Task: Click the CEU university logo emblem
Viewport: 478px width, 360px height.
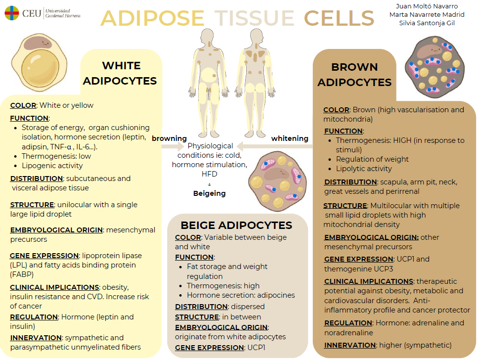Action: tap(12, 13)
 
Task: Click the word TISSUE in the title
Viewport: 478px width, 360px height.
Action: tap(254, 18)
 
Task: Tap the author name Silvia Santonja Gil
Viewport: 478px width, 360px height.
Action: tap(427, 23)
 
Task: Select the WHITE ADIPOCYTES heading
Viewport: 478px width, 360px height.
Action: tap(120, 73)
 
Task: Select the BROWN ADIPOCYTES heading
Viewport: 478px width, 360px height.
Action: tap(354, 75)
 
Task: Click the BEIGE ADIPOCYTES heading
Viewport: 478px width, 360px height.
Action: tap(236, 225)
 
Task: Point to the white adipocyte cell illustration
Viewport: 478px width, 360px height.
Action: tap(39, 62)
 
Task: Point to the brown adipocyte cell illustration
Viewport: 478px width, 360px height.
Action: tap(435, 67)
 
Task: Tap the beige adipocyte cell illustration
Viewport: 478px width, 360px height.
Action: tap(277, 181)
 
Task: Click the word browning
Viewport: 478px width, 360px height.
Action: tap(169, 138)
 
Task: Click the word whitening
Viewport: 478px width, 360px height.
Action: tap(290, 138)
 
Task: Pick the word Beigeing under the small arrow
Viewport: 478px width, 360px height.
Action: tap(210, 193)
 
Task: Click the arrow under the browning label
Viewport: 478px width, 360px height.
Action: tap(173, 146)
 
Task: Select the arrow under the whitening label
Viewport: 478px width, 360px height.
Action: tap(275, 146)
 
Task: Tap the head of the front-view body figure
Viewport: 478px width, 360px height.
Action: tap(207, 37)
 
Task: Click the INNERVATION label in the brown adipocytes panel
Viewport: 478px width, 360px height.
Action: tap(350, 345)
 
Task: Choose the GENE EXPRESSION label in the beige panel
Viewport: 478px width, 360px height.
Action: tap(210, 348)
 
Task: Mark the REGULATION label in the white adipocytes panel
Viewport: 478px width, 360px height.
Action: tap(34, 317)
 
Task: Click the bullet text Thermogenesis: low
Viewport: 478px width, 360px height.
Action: tap(56, 156)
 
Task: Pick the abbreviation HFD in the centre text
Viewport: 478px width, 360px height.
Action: tap(210, 174)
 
